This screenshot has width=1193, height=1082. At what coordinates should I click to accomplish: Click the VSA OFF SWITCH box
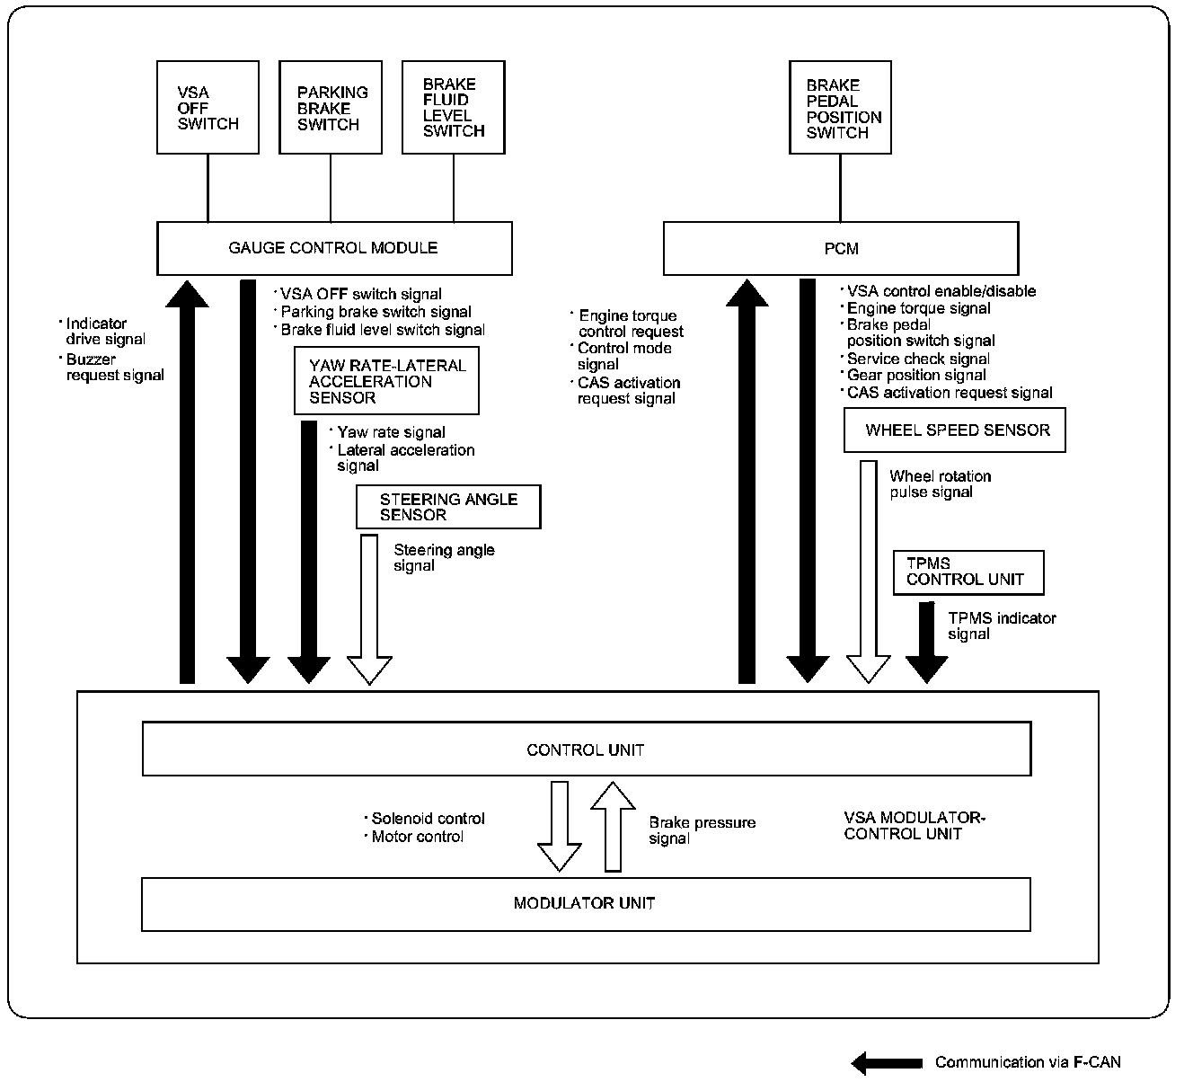pos(208,108)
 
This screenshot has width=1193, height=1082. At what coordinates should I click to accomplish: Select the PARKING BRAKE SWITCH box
pos(331,108)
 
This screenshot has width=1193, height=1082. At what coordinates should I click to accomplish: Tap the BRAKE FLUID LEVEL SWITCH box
pos(453,108)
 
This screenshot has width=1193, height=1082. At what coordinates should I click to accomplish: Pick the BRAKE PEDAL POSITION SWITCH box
pos(840,108)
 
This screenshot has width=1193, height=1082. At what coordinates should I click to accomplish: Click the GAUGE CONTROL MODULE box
pos(334,248)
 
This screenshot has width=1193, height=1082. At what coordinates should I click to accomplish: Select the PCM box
pos(840,248)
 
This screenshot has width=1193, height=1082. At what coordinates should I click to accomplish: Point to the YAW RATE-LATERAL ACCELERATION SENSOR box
pos(386,381)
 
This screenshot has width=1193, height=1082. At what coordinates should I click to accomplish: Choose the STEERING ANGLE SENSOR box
pos(448,507)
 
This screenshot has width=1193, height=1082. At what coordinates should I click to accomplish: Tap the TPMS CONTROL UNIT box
pos(968,572)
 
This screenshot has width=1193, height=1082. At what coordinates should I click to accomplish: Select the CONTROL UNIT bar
pos(586,749)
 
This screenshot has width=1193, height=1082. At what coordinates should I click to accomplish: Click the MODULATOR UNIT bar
pos(585,903)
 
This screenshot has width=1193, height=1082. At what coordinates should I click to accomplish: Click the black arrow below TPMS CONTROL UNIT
pos(926,643)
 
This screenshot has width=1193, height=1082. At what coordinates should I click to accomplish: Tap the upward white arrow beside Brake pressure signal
pos(613,827)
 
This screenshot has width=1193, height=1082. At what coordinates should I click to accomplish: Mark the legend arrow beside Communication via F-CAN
pos(887,1063)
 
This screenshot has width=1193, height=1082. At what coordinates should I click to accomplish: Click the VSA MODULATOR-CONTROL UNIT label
pos(915,826)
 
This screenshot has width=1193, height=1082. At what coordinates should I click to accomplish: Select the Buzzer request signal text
pos(115,368)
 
